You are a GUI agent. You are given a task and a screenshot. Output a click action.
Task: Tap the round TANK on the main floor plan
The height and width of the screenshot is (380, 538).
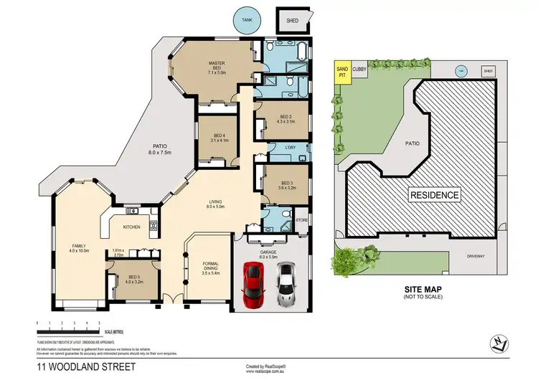click(248, 21)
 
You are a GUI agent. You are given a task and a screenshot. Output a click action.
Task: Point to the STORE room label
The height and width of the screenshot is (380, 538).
click(301, 220)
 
